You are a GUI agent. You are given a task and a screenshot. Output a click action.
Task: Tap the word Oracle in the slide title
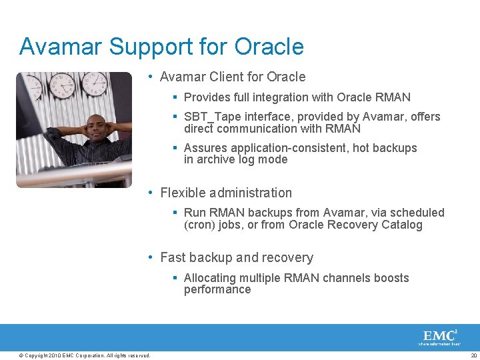click(x=270, y=47)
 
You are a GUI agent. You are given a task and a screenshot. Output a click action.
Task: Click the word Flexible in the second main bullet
click(x=183, y=193)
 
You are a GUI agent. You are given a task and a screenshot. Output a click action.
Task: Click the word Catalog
click(x=402, y=225)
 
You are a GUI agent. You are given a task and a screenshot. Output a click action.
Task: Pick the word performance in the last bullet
click(x=217, y=289)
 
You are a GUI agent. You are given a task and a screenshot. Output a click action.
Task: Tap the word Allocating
click(x=210, y=277)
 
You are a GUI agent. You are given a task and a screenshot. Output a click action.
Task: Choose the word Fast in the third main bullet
click(x=173, y=257)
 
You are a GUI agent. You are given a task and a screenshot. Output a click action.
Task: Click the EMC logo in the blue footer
click(x=439, y=336)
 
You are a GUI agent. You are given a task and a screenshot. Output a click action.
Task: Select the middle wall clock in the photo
click(x=62, y=85)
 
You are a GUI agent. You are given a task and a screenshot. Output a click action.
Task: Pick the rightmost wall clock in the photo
click(x=95, y=83)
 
